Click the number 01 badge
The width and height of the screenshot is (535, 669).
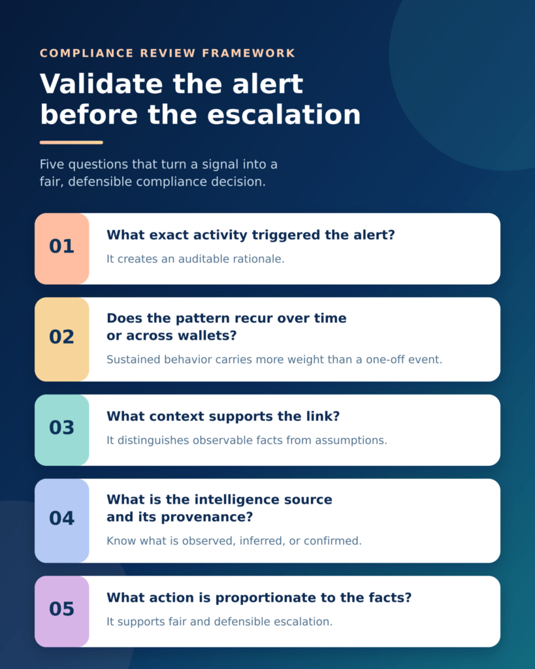coord(62,249)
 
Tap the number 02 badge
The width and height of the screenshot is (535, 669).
coord(62,339)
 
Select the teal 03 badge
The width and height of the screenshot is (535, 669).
coord(62,430)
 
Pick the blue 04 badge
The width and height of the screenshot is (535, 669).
coord(62,521)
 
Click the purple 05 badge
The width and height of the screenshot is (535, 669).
coord(62,612)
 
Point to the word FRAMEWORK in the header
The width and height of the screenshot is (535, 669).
coord(248,54)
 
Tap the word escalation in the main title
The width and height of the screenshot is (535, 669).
coord(284,115)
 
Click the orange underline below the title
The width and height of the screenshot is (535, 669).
coord(71,142)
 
